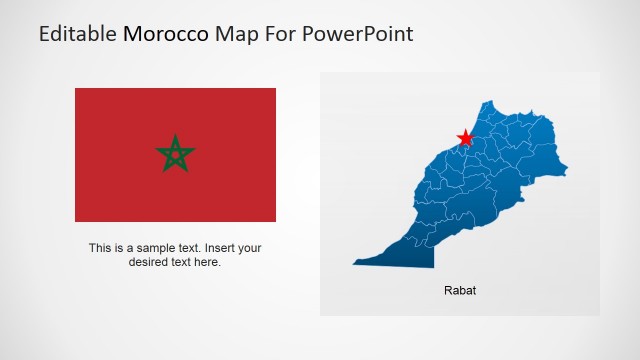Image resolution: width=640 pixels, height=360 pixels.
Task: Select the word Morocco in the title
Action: (x=166, y=34)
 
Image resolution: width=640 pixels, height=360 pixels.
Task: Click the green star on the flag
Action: (x=175, y=154)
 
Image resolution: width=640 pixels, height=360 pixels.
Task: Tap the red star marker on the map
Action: (x=465, y=138)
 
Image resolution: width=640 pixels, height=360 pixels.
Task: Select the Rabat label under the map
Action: (x=460, y=291)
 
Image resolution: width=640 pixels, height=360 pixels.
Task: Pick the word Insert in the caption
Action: (x=222, y=248)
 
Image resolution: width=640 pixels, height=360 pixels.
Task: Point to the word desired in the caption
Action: (x=150, y=262)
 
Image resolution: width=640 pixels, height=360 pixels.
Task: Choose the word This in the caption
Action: (x=100, y=248)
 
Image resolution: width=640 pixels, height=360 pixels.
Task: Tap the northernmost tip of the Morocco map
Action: (x=489, y=103)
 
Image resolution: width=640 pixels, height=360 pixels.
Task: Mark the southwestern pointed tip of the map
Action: (x=354, y=264)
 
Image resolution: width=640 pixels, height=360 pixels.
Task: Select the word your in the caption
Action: (x=251, y=248)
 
